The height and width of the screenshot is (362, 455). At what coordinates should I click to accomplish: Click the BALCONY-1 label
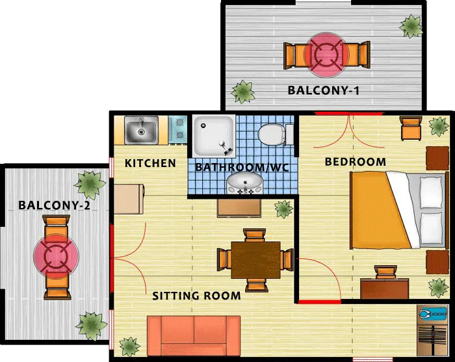[x=323, y=90]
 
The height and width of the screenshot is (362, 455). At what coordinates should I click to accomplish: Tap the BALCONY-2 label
[x=54, y=205]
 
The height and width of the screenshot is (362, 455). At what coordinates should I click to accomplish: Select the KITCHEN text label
[x=150, y=163]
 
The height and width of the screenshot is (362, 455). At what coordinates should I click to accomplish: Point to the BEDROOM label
[x=356, y=162]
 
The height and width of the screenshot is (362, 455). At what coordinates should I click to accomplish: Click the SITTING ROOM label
[x=196, y=296]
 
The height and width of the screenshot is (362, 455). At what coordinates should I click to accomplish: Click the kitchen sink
[x=141, y=130]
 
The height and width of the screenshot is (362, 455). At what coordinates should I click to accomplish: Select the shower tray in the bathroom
[x=214, y=136]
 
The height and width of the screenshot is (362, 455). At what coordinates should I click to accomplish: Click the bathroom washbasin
[x=244, y=183]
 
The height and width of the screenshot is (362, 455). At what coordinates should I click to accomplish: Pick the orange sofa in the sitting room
[x=194, y=335]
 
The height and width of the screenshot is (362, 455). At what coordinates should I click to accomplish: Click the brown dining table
[x=255, y=260]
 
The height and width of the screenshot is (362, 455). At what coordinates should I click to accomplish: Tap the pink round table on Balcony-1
[x=326, y=55]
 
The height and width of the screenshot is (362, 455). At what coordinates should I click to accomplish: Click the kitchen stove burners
[x=178, y=130]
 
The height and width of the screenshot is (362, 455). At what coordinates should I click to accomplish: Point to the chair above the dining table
[x=255, y=235]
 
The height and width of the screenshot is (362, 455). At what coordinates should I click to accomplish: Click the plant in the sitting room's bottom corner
[x=130, y=346]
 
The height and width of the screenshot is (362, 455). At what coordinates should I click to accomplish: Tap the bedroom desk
[x=385, y=289]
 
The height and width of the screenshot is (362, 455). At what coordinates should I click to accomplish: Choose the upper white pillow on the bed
[x=431, y=192]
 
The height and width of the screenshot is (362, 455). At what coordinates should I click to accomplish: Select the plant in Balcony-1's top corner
[x=411, y=27]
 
